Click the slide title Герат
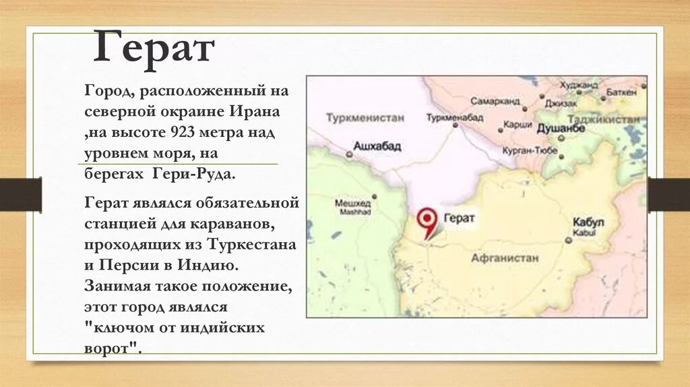pyautogui.click(x=154, y=48)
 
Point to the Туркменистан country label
pyautogui.click(x=365, y=117)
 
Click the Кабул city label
pyautogui.click(x=588, y=222)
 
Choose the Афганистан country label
pyautogui.click(x=505, y=258)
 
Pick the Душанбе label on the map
pyautogui.click(x=560, y=127)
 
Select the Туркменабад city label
pyautogui.click(x=455, y=117)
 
